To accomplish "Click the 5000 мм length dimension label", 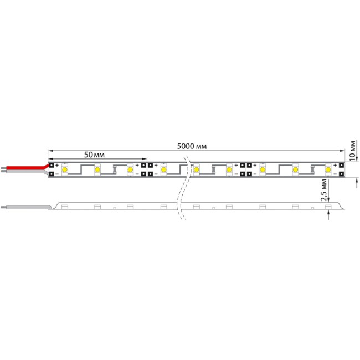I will click(192, 146).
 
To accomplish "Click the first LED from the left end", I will click(64, 169).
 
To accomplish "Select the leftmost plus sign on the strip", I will click(57, 165).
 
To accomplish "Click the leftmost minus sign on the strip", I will click(57, 174).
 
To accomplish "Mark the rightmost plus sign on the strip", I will click(336, 165).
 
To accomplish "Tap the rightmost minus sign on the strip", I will click(336, 174).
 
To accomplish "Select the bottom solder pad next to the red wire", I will click(51, 174).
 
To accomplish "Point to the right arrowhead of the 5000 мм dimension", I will click(341, 150).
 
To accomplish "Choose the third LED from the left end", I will click(130, 169).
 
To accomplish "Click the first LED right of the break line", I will click(196, 169).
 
